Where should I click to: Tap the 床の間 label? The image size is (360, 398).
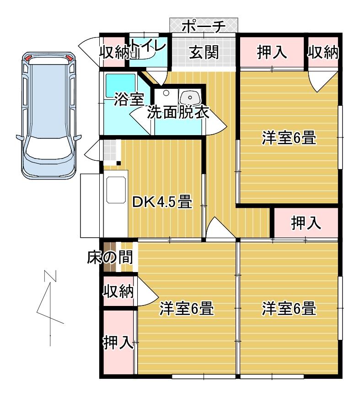click(x=110, y=258)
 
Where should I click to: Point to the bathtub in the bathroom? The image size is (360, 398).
click(x=120, y=85)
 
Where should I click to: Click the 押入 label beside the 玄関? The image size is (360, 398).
click(x=272, y=53)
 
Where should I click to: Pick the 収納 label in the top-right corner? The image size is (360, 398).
click(x=323, y=53)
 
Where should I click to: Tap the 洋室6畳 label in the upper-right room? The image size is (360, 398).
click(x=289, y=137)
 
